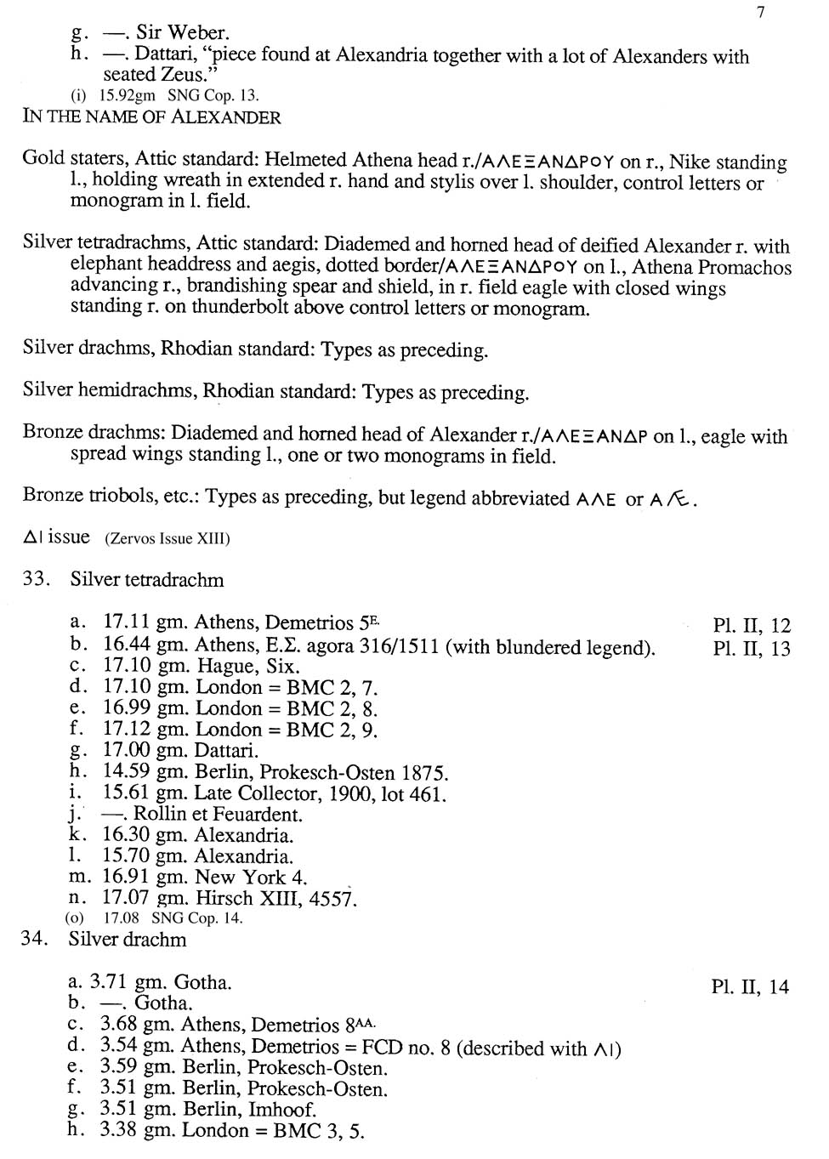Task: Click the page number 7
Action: point(760,12)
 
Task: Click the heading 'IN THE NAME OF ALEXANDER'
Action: point(151,116)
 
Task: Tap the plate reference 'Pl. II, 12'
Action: point(752,626)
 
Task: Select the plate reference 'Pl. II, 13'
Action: point(752,649)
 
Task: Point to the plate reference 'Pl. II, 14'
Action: point(750,987)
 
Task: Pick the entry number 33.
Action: point(36,580)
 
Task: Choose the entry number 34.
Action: point(35,940)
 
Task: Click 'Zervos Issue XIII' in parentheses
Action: point(168,539)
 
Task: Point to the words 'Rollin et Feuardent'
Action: point(218,815)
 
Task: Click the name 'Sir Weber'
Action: point(183,33)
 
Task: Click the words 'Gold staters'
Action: point(73,160)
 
